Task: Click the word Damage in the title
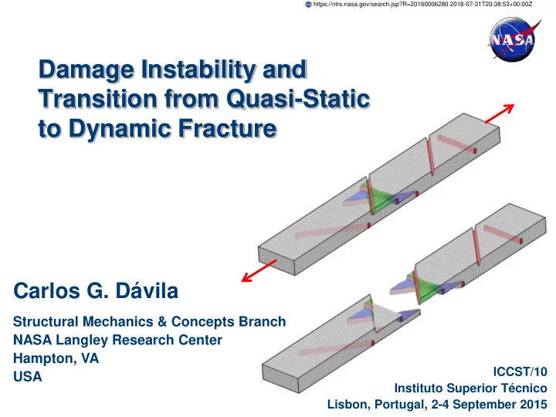click(86, 70)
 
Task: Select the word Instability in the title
click(198, 70)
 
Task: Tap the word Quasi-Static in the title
click(298, 99)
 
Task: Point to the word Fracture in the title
click(227, 128)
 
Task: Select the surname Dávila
click(147, 291)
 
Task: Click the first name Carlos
click(47, 291)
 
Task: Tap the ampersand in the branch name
click(162, 321)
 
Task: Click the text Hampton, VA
click(56, 358)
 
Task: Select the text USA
click(28, 377)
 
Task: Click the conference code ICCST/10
click(520, 371)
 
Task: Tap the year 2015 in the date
click(534, 404)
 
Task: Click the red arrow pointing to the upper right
click(500, 114)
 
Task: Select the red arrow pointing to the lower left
click(259, 271)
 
